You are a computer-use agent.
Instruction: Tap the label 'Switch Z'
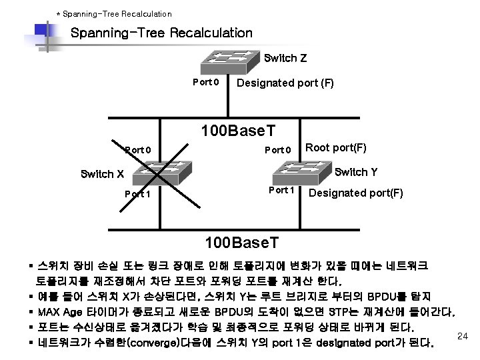point(285,58)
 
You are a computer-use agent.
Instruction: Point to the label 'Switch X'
point(102,174)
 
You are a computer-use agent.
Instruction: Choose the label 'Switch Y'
point(356,172)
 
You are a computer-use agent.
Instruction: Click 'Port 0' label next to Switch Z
point(205,83)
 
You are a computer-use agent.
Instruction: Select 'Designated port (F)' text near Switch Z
point(285,83)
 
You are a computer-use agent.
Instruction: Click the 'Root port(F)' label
point(336,148)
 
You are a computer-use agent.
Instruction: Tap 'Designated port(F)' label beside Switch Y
point(356,193)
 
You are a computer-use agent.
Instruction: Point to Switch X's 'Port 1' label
point(137,194)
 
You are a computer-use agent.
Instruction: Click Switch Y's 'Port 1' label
point(281,190)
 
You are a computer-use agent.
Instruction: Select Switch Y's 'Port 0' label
point(278,149)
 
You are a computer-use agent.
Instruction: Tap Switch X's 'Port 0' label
point(138,149)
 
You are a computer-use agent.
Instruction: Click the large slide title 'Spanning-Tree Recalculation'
point(161,33)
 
